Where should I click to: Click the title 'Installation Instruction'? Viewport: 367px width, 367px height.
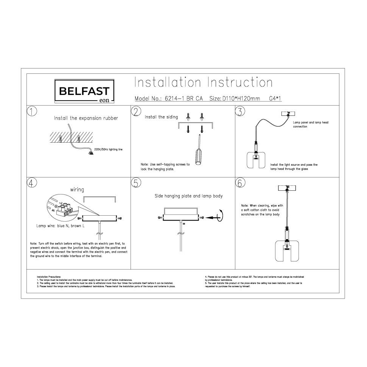pos(203,82)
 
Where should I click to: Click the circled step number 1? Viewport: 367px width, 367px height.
pos(32,112)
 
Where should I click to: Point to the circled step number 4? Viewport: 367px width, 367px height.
pos(32,183)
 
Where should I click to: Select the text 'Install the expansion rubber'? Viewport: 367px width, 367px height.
pos(86,118)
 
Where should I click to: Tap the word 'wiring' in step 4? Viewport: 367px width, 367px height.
pos(77,189)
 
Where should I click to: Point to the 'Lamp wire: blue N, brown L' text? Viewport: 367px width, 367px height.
pos(60,225)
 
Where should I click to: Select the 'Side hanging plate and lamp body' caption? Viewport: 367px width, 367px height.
pos(188,196)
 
